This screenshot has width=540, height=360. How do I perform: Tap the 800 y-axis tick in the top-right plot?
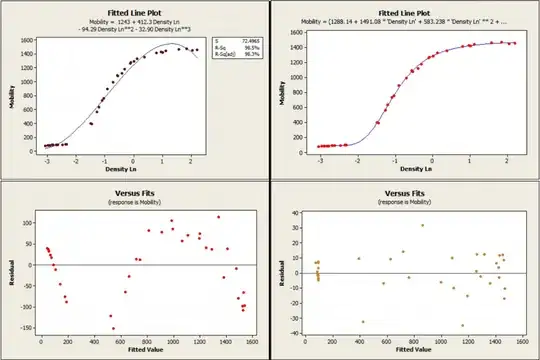point(299,93)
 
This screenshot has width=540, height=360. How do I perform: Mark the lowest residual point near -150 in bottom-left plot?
point(114,328)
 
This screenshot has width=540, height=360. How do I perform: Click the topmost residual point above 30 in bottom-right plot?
point(422,225)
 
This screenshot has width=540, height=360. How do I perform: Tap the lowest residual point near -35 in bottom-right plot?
point(462,325)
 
